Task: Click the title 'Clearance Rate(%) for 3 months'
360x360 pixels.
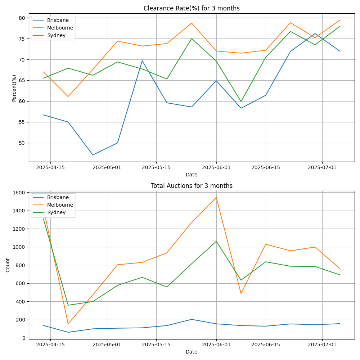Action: (x=192, y=8)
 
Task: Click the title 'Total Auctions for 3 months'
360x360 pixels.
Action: (x=192, y=186)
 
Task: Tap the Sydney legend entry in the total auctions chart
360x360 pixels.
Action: (x=57, y=212)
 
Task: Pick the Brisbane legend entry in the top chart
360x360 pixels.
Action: (x=58, y=20)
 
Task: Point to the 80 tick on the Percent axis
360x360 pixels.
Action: (x=22, y=18)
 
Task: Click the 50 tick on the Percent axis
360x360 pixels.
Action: (x=22, y=143)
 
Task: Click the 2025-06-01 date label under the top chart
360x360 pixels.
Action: (x=216, y=167)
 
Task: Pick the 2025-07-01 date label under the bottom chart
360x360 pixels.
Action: (x=322, y=345)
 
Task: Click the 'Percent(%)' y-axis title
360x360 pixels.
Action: (x=14, y=88)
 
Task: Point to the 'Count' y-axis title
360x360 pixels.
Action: (x=8, y=265)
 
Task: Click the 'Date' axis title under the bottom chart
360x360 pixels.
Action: (x=192, y=352)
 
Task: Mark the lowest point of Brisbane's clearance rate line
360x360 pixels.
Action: (x=93, y=155)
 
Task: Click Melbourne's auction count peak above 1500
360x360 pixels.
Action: (x=216, y=197)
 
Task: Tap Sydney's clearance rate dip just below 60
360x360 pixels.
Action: (x=241, y=102)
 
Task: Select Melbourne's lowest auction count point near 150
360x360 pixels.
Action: (x=68, y=324)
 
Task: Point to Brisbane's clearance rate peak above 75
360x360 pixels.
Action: (x=315, y=33)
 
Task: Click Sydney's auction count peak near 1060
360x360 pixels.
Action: (x=216, y=241)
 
